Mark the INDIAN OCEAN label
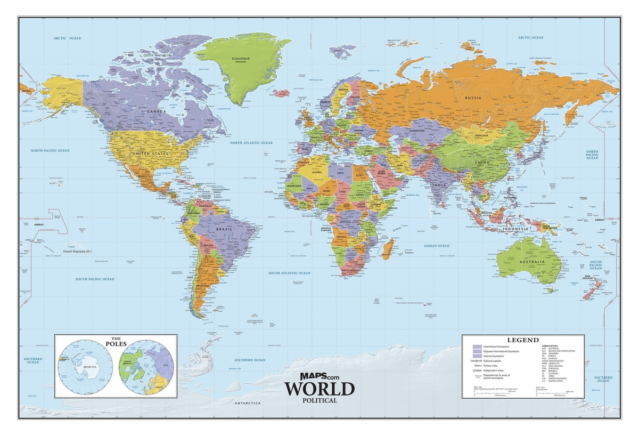coord(437,246)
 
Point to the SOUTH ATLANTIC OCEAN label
coord(289,273)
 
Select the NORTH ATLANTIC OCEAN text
coord(251,143)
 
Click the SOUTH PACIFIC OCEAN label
coord(95,279)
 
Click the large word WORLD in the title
coord(319,388)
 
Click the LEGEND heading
coord(522,340)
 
